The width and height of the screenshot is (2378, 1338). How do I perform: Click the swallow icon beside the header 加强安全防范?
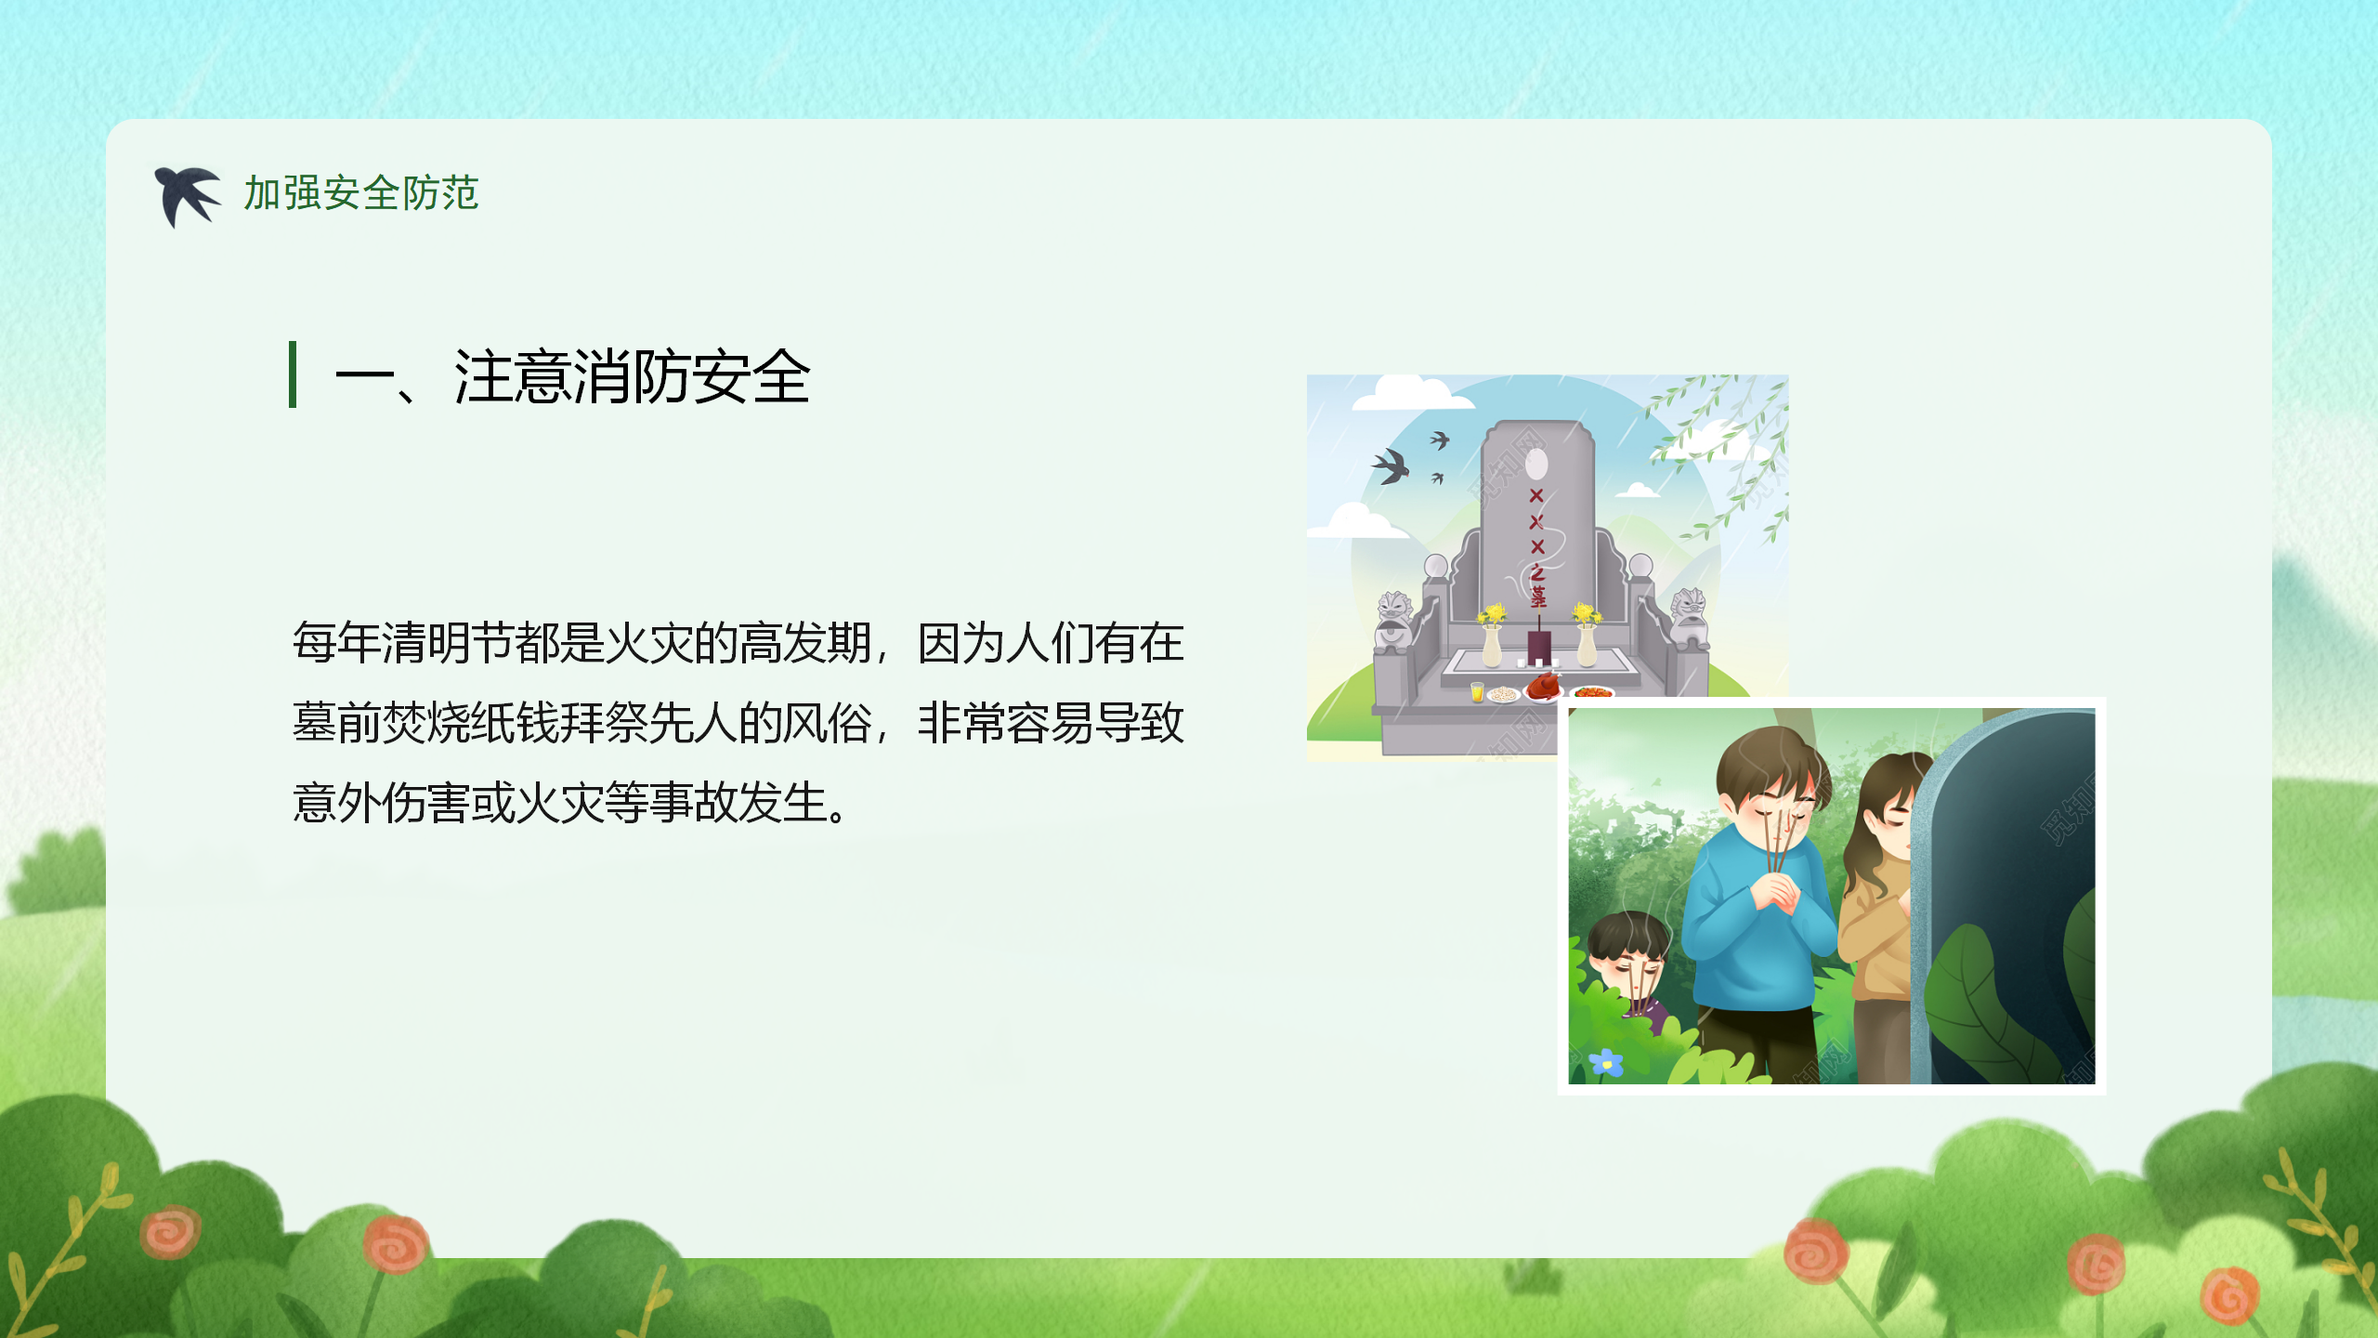(187, 196)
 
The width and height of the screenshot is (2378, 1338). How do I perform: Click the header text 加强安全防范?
(361, 193)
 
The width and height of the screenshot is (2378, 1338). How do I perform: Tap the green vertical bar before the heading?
(293, 374)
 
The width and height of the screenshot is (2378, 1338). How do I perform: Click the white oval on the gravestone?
(1536, 464)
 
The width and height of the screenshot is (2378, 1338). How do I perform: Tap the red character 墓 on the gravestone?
(1539, 597)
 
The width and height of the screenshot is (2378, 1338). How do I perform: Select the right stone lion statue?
(1690, 617)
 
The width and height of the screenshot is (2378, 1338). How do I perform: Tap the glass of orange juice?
(1477, 691)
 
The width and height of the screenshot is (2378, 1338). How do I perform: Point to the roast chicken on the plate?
(1544, 687)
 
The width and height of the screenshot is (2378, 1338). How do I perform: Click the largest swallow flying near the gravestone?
(1391, 466)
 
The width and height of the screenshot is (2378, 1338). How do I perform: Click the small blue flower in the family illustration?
(1606, 1062)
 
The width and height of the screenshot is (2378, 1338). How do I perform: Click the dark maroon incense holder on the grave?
(1539, 647)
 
